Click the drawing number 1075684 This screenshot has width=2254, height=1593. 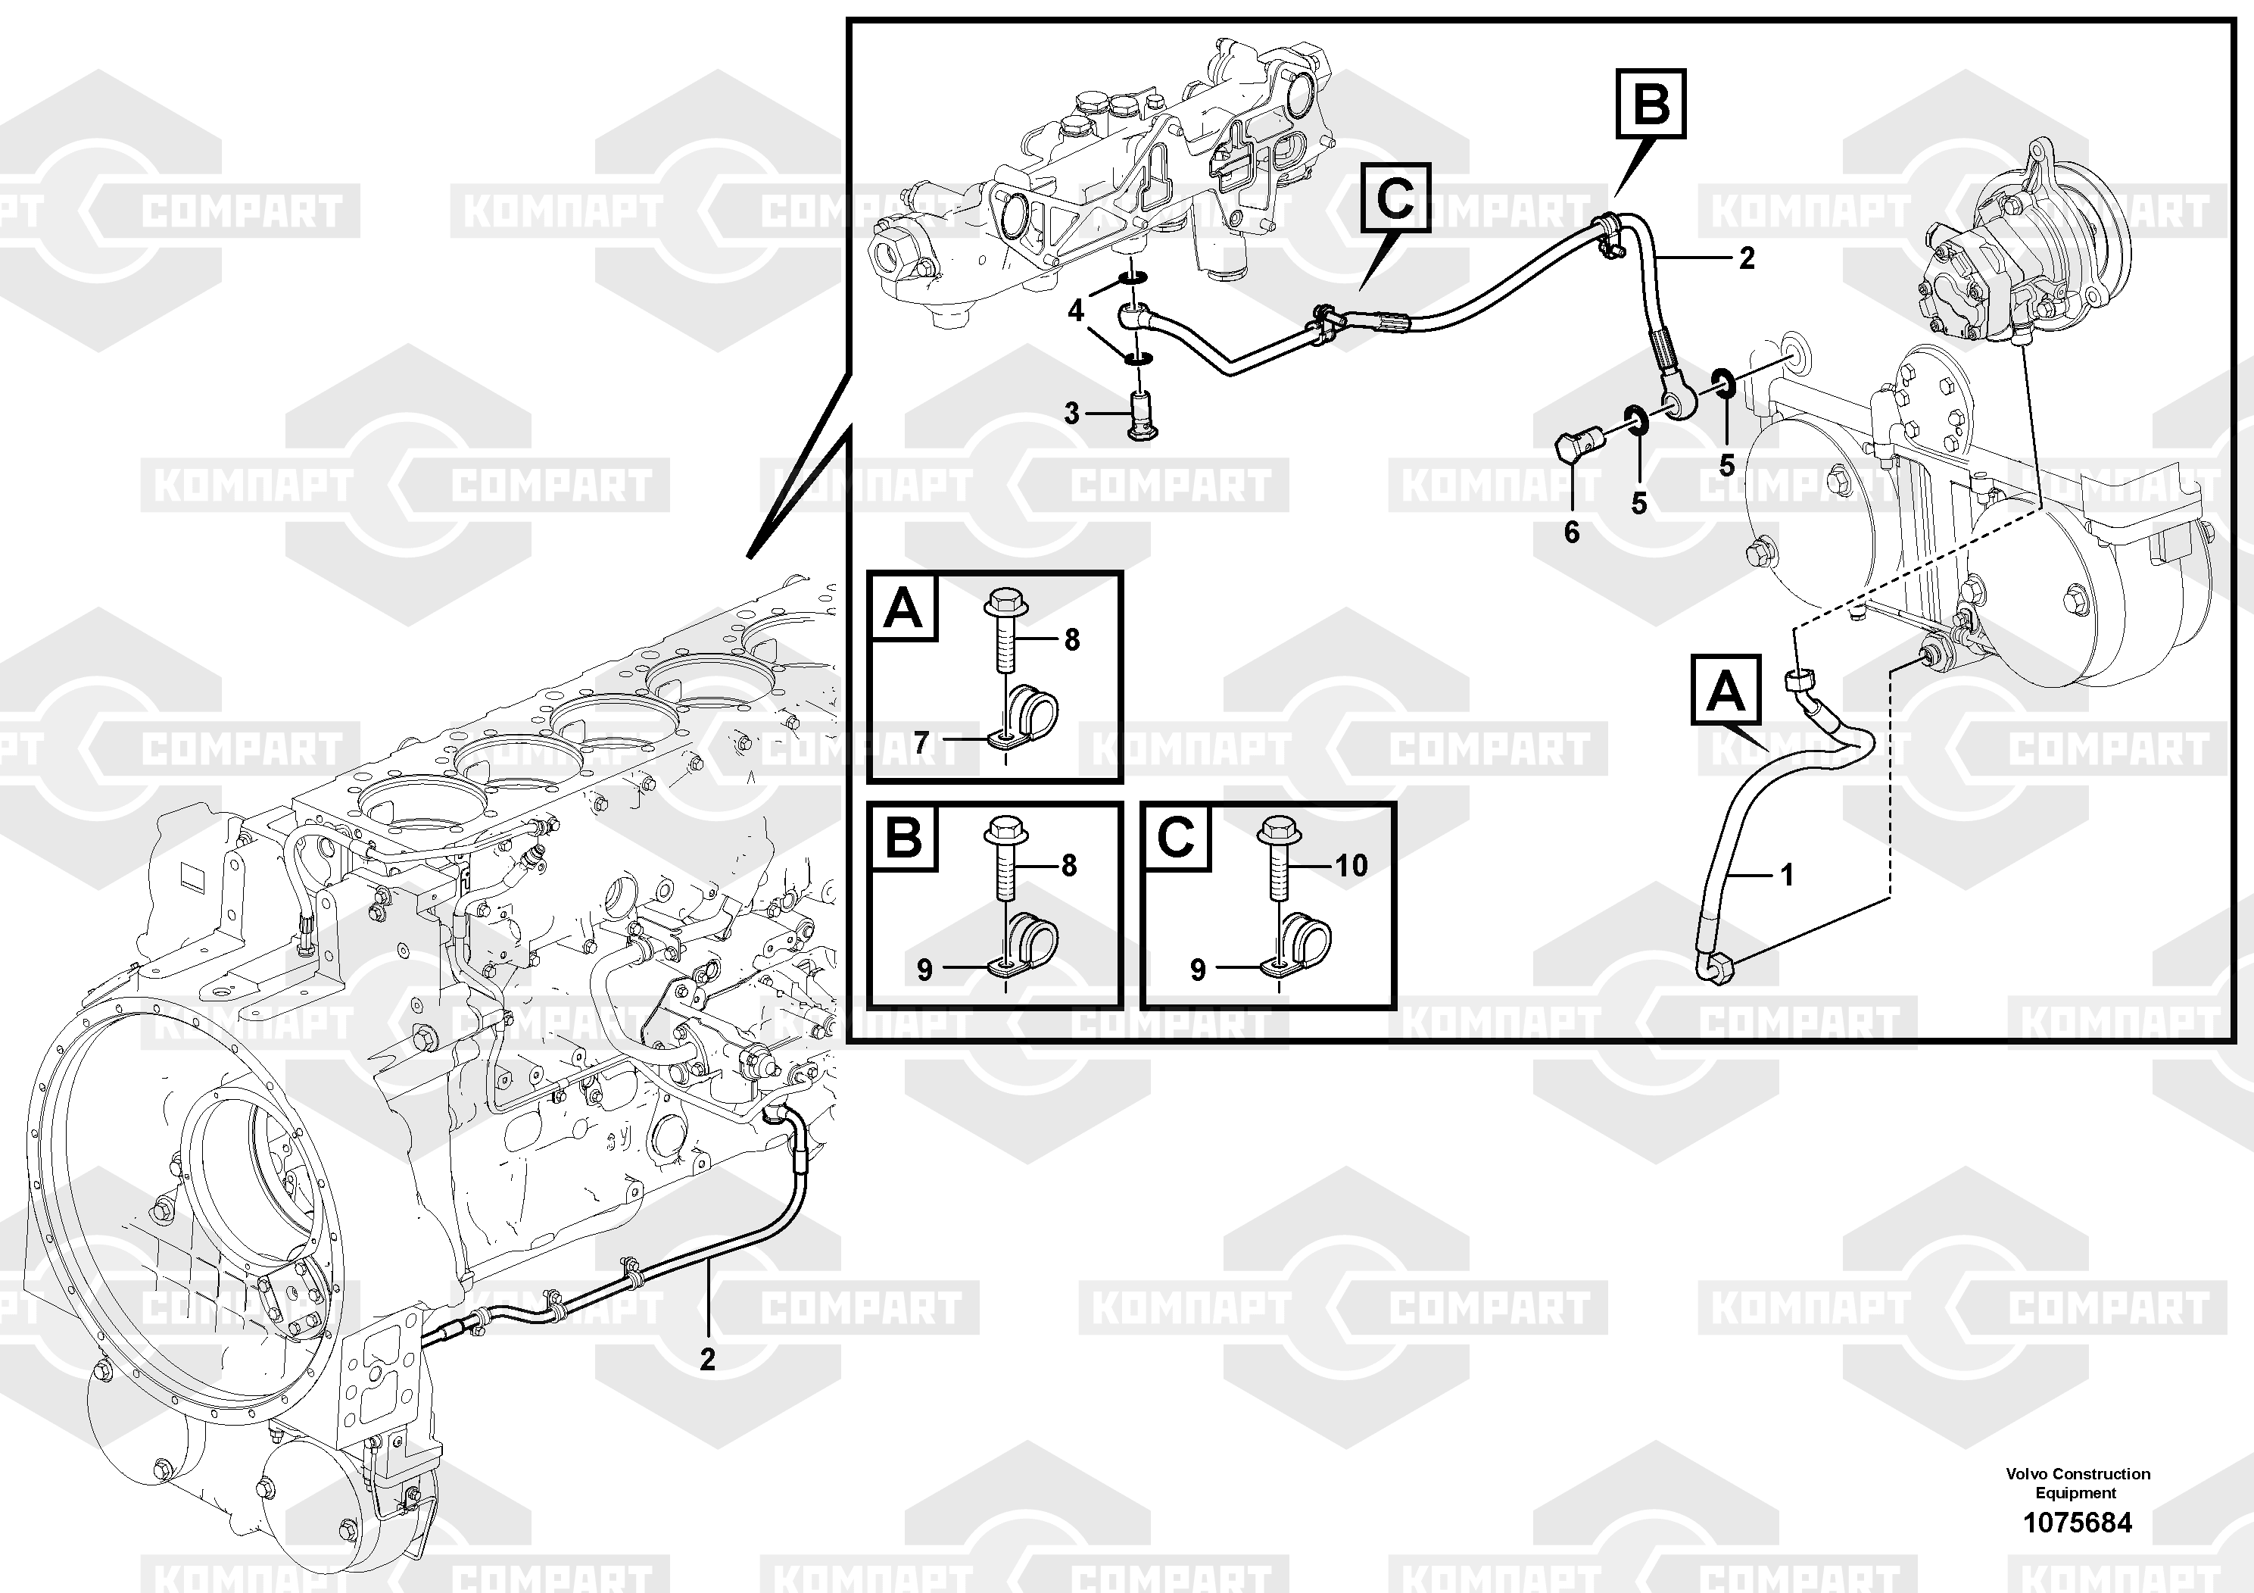[x=2078, y=1523]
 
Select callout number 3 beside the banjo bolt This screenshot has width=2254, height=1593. [x=1072, y=414]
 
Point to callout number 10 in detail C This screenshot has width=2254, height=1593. [x=1351, y=865]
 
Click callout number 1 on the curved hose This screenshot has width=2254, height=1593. [x=1787, y=874]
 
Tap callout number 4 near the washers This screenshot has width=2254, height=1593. [x=1076, y=311]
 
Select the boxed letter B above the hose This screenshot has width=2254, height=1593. [x=1651, y=103]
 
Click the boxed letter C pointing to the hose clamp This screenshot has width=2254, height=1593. [x=1395, y=198]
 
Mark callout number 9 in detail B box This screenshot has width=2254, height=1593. [x=924, y=970]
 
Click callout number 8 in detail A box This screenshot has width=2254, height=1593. [x=1072, y=640]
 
